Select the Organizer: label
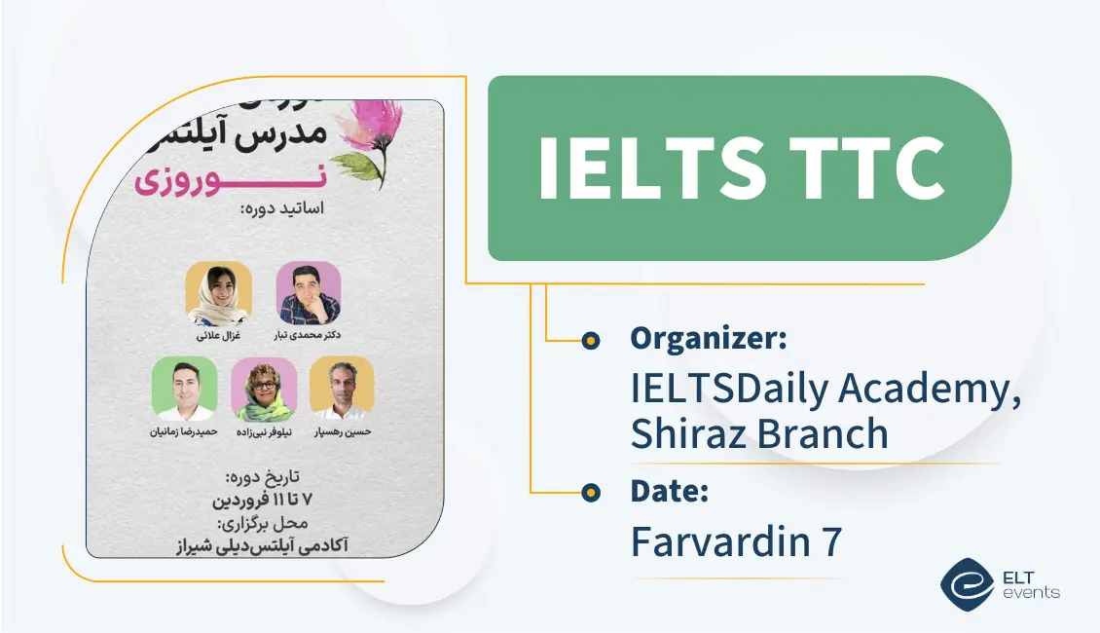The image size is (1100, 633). (708, 339)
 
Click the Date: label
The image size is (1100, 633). (669, 492)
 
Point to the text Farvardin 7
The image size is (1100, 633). (735, 541)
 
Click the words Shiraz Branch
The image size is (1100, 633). (759, 433)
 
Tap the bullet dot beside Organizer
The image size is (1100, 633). (590, 340)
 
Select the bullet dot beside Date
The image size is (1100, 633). (590, 493)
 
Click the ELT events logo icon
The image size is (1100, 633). (966, 583)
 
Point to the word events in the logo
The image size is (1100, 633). (1035, 592)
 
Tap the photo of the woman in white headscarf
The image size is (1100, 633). (219, 294)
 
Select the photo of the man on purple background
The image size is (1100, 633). (309, 293)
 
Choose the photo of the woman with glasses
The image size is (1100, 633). (264, 389)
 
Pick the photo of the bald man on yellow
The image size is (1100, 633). (342, 388)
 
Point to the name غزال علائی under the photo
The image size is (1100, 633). (219, 336)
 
